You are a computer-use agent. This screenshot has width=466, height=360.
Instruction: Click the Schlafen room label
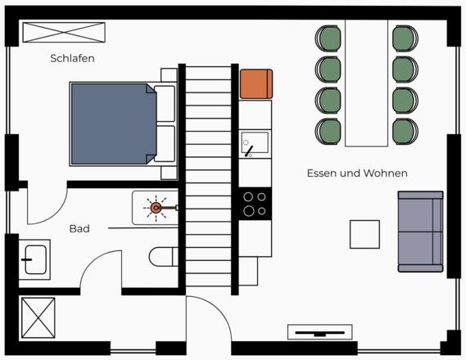click(73, 58)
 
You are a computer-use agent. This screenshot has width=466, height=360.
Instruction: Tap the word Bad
click(79, 229)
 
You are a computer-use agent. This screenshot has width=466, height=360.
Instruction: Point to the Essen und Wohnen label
click(357, 173)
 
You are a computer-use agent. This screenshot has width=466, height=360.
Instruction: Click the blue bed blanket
click(114, 124)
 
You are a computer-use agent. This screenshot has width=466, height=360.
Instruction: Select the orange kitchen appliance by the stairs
click(256, 84)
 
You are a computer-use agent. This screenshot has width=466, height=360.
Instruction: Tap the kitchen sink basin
click(255, 144)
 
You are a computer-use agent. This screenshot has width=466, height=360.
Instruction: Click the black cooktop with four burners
click(255, 204)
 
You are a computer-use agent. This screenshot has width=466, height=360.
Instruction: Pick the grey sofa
click(420, 232)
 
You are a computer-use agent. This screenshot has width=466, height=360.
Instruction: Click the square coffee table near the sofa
click(364, 234)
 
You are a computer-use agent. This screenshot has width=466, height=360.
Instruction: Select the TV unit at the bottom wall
click(319, 332)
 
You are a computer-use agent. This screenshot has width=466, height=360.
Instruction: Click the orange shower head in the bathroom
click(156, 208)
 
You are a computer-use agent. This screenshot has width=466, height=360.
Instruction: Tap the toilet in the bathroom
click(164, 257)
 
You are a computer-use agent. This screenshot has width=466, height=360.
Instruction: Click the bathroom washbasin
click(34, 259)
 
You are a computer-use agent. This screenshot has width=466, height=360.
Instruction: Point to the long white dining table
click(366, 83)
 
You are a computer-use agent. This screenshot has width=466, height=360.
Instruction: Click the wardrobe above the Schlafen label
click(64, 33)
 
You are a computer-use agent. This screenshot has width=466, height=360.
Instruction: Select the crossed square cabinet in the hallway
click(38, 317)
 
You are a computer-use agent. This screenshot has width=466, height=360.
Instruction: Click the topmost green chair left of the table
click(328, 38)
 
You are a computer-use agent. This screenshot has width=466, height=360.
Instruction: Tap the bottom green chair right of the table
click(405, 132)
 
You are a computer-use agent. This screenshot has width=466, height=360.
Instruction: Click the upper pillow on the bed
click(165, 104)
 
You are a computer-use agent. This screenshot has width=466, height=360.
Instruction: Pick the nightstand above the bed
click(169, 75)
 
